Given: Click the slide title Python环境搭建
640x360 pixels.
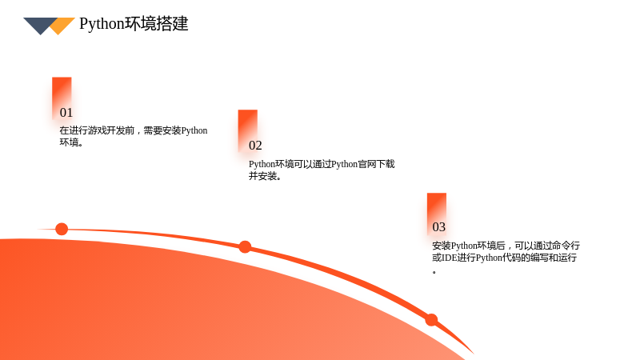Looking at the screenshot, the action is click(134, 24).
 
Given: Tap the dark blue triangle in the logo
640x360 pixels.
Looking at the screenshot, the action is click(39, 25).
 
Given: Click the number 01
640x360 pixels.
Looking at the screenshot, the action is click(66, 113).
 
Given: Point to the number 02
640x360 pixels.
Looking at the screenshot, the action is click(255, 146).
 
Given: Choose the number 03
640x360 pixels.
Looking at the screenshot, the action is click(438, 227).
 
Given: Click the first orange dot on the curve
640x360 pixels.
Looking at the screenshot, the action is click(62, 229).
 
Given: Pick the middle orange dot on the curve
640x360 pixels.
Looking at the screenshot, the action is click(245, 247).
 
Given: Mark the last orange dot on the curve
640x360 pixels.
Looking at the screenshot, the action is click(431, 319).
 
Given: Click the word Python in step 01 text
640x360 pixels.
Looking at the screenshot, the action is click(194, 130).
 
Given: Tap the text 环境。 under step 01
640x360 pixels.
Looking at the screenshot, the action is click(72, 142).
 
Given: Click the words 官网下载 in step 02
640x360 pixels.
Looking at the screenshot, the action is click(376, 164).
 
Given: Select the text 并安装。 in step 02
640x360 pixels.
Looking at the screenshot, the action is click(266, 176).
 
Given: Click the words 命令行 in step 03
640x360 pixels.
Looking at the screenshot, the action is click(566, 246).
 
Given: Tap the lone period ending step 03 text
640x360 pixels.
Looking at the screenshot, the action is click(434, 272).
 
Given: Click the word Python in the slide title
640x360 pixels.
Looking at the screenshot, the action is click(102, 24).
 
